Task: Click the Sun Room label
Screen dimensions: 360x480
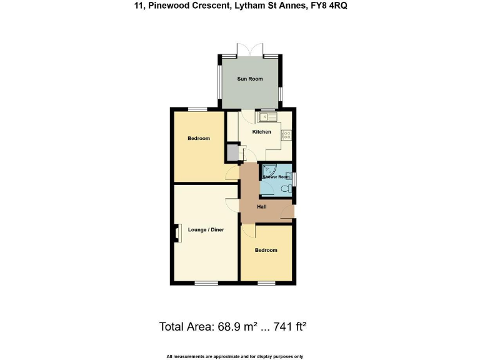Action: [x=249, y=79]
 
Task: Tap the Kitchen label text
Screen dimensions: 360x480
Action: [x=261, y=132]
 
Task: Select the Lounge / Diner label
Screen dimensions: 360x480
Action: [x=206, y=230]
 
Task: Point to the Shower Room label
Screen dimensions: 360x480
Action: [x=276, y=177]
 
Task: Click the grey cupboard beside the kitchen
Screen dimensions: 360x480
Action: [x=232, y=152]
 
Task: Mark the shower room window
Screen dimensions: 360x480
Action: [x=296, y=179]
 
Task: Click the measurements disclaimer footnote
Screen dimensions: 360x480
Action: [x=235, y=356]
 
